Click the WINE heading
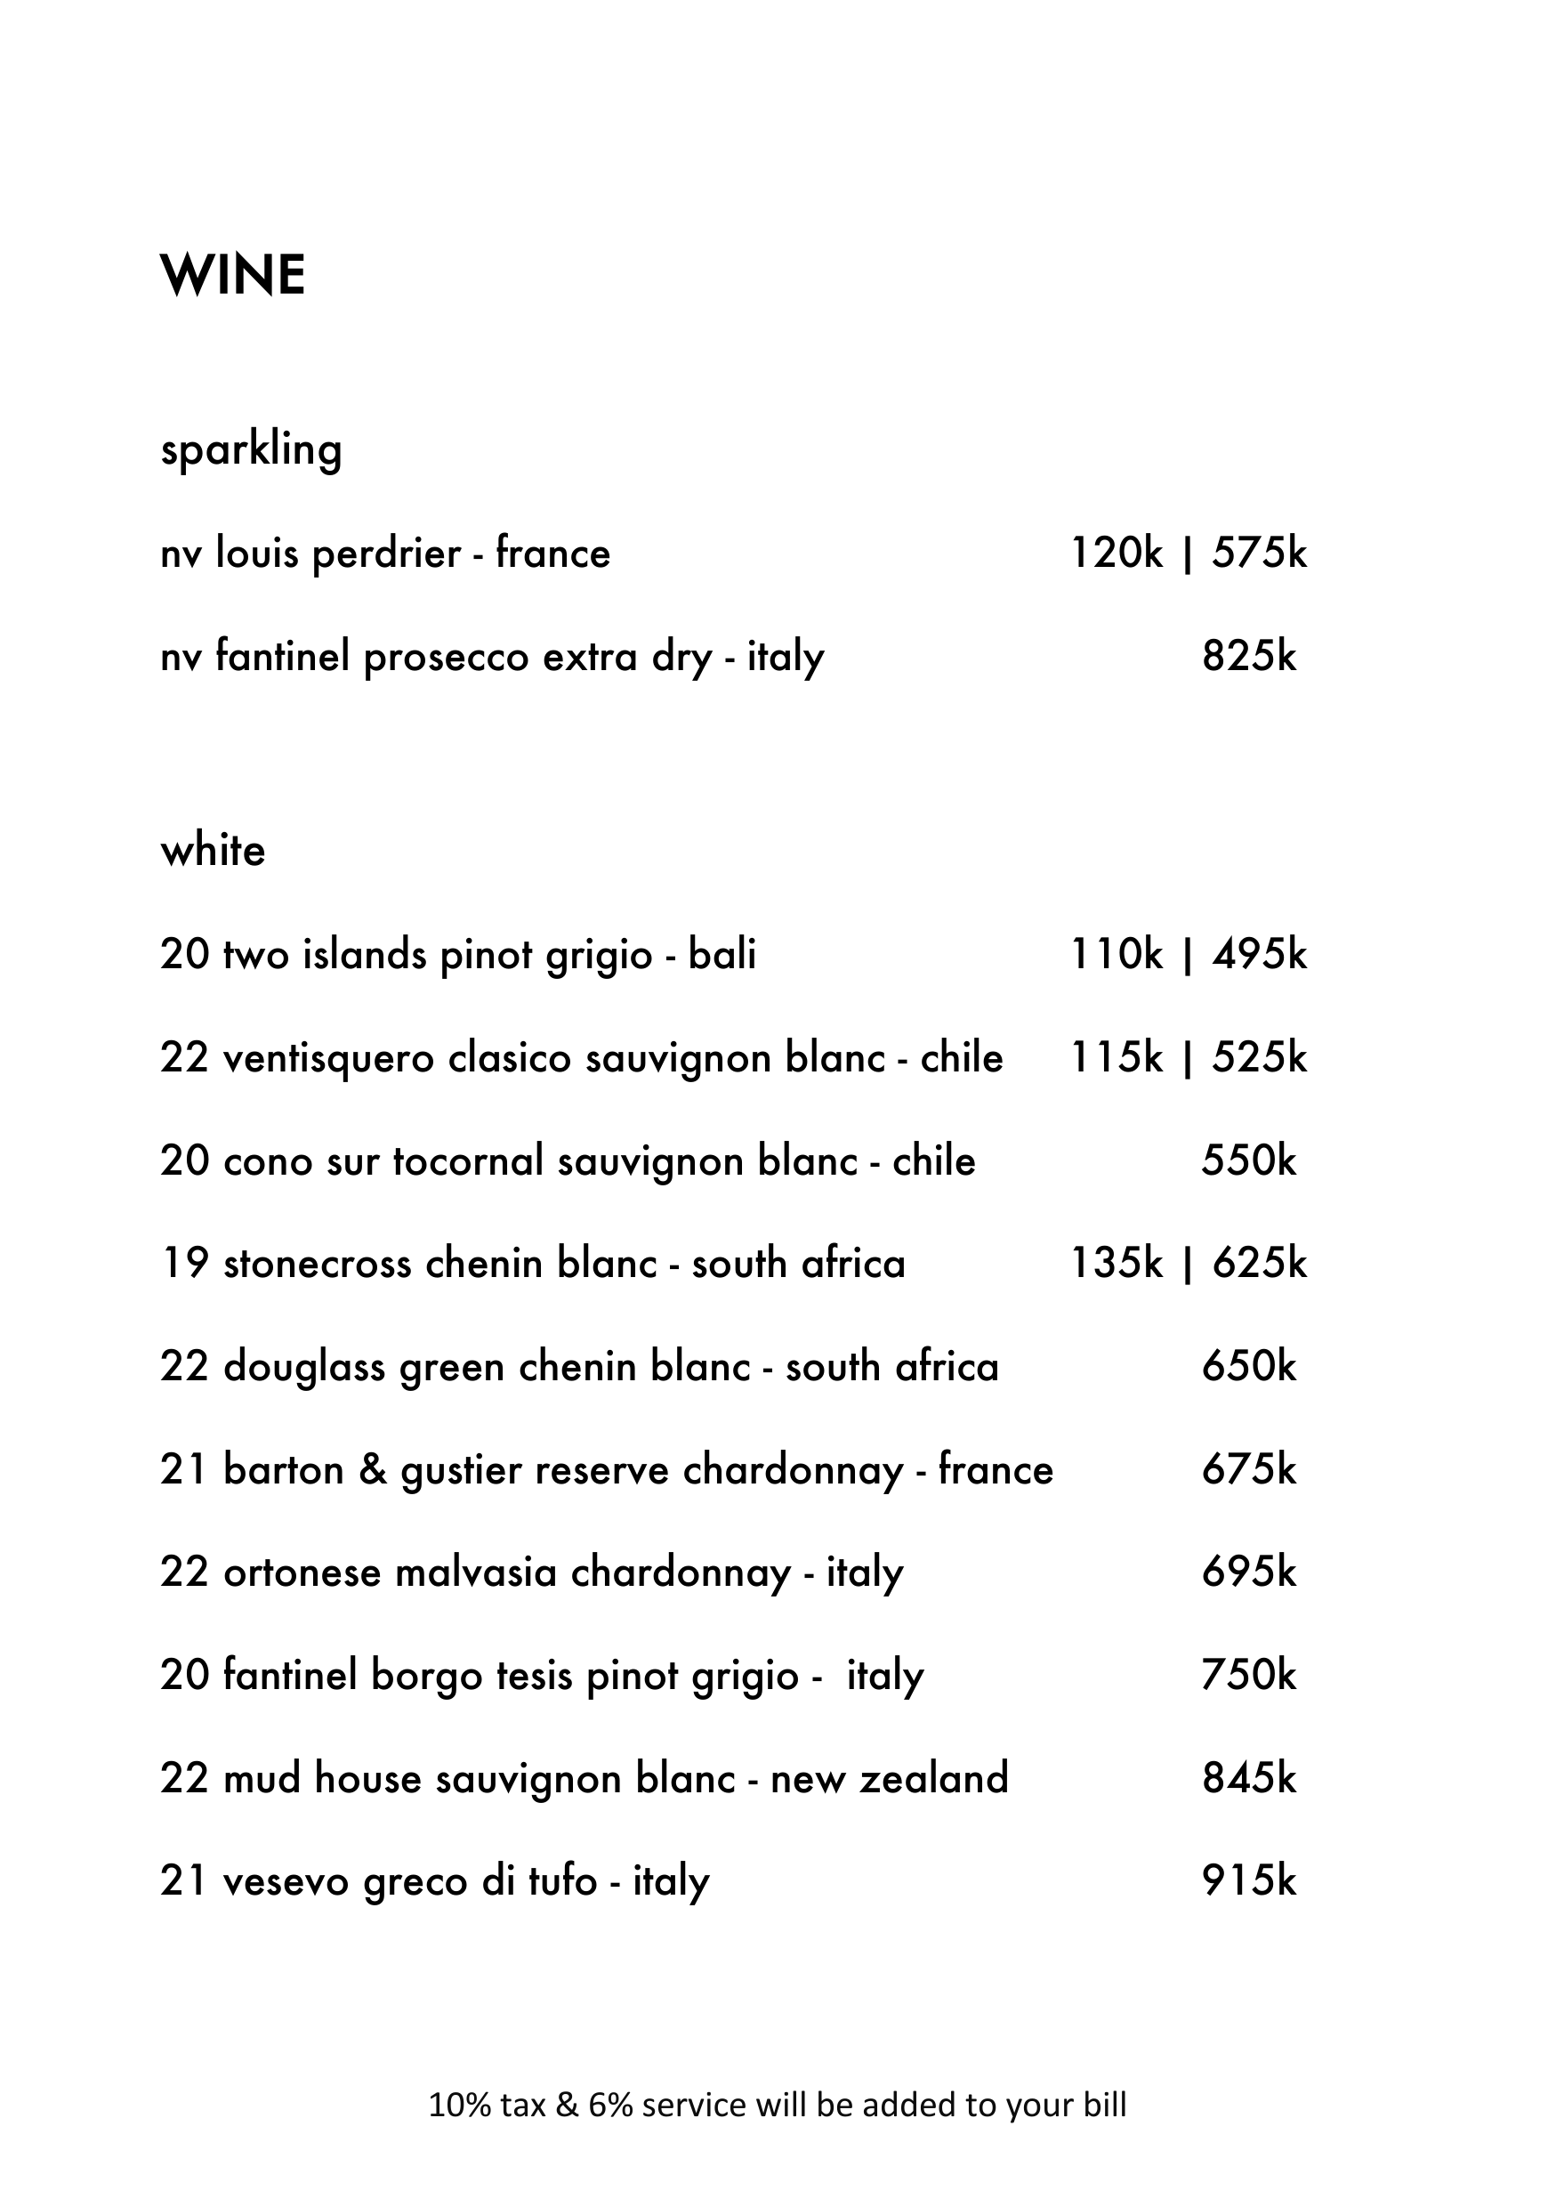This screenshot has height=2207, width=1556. point(232,276)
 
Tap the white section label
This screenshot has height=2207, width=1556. point(213,851)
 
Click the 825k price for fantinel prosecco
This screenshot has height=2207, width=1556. point(1248,657)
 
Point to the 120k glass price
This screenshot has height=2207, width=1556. point(1117,554)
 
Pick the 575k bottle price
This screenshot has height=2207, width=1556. point(1259,554)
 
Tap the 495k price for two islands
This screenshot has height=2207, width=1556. point(1259,955)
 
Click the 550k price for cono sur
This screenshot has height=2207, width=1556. point(1248,1161)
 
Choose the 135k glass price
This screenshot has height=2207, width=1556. point(1117,1264)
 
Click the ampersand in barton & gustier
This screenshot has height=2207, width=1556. point(372,1471)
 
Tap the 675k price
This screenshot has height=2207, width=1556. point(1248,1471)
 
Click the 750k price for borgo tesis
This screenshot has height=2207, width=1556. point(1248,1676)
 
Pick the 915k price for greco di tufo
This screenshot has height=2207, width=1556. point(1248,1881)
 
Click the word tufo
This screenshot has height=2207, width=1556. point(562,1881)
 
